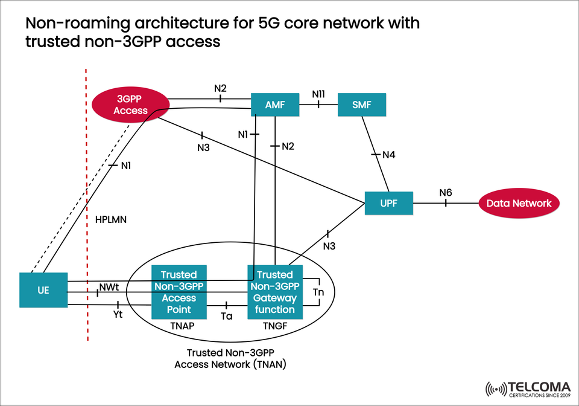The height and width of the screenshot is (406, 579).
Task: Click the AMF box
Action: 275,105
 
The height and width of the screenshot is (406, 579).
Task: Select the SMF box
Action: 361,105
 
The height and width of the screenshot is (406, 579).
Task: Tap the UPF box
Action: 388,203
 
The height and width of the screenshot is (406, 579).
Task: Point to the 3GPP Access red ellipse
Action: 130,104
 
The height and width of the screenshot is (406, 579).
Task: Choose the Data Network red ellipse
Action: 519,203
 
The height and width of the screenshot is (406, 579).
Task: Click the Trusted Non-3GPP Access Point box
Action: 179,292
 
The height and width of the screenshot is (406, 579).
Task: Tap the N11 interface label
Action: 318,94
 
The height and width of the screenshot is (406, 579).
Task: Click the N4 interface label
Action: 389,155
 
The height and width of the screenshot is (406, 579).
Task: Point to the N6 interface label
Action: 445,193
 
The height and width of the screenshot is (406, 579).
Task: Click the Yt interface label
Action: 118,314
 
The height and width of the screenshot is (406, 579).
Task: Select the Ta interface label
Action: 227,315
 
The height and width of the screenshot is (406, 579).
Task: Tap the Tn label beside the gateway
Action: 318,292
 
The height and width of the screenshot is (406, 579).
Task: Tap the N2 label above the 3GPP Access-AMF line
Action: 220,88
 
